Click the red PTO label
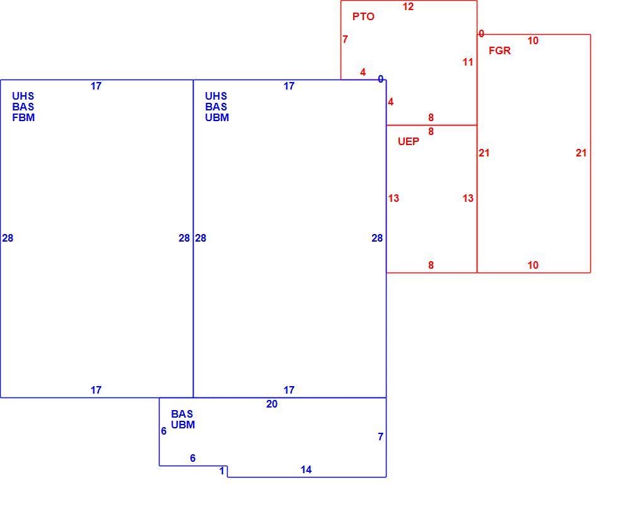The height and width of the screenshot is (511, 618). [x=363, y=16]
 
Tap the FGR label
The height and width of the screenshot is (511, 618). [x=499, y=50]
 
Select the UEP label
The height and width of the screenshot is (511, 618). [x=409, y=141]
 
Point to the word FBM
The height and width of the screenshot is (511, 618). [x=23, y=117]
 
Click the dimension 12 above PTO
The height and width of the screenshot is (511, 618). [x=408, y=7]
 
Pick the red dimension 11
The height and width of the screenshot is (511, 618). [x=467, y=62]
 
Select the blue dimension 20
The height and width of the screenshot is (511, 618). [x=272, y=404]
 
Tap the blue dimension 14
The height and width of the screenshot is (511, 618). [x=306, y=469]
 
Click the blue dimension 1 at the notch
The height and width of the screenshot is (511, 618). [x=222, y=471]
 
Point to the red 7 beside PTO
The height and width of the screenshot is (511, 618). [x=346, y=39]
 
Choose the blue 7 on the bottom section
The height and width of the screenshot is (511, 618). [x=380, y=437]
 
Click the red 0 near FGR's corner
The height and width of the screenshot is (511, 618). [x=481, y=34]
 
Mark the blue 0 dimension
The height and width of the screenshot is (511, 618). [x=380, y=79]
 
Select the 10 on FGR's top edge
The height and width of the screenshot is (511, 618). [x=533, y=40]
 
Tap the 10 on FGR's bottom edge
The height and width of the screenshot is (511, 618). [x=533, y=266]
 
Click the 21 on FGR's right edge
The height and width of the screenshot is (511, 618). [x=581, y=153]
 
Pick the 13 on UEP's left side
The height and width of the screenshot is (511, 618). [x=394, y=198]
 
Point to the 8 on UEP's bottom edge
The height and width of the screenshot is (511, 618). [x=431, y=266]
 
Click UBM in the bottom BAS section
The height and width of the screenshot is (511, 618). [x=183, y=425]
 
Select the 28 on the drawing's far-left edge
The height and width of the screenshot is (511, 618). [x=8, y=238]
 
